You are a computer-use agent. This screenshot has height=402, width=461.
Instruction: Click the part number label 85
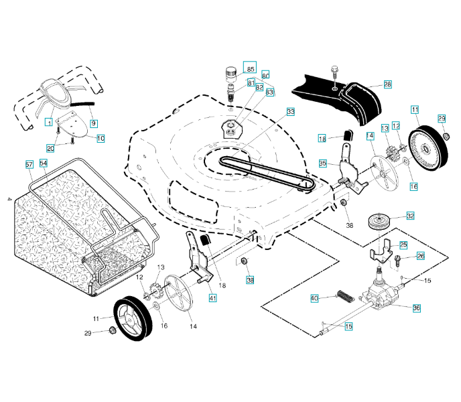251,69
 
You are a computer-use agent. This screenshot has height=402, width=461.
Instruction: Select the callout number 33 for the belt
290,111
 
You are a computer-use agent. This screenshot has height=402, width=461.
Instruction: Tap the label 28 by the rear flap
387,85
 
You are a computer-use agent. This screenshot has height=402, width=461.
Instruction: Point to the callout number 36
416,308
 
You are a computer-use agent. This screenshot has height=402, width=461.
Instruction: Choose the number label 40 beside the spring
314,298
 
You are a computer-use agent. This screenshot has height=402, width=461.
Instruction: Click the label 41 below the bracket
212,297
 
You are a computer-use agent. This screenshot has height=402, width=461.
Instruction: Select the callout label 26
420,256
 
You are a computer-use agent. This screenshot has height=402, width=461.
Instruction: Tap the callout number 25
403,245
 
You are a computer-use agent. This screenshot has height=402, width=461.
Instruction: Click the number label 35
322,163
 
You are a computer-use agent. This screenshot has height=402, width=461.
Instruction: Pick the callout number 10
101,139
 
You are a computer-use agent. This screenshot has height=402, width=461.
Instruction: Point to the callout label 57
29,164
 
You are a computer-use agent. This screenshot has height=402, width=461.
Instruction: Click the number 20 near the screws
50,148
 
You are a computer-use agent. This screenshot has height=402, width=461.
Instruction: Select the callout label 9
94,123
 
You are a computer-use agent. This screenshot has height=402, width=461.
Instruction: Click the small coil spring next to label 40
343,294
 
